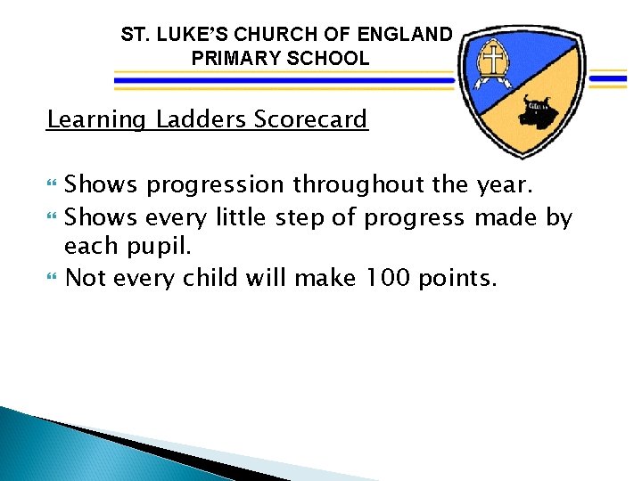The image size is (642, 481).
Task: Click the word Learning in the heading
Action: (x=96, y=119)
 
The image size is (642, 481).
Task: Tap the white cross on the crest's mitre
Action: (x=490, y=61)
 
